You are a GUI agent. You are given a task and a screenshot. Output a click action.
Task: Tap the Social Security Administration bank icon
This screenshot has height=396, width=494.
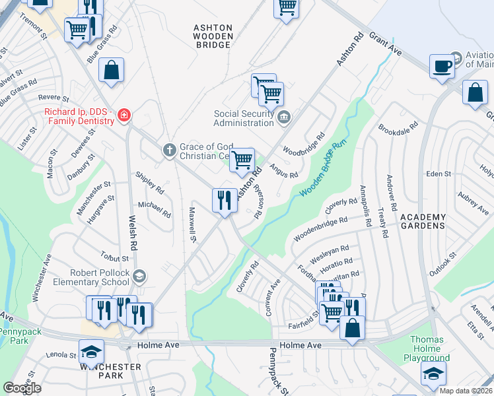284,118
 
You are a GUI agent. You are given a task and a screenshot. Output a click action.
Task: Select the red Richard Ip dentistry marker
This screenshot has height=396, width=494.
123,117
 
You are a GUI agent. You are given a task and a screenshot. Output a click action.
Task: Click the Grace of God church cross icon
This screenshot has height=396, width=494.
169,150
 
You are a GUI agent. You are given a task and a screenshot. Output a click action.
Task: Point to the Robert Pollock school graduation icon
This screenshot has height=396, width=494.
139,276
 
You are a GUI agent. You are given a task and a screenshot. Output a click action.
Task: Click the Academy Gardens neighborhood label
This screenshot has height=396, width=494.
423,221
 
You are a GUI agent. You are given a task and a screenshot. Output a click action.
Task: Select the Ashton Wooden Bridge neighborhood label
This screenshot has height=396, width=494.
213,36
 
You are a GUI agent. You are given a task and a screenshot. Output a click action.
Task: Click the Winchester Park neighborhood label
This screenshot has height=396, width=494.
110,371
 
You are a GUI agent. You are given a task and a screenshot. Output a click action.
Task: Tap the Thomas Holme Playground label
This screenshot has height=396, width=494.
427,349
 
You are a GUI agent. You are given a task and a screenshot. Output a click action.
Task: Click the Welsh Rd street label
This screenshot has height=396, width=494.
133,234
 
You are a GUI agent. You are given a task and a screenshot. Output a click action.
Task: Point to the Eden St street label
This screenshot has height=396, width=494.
439,174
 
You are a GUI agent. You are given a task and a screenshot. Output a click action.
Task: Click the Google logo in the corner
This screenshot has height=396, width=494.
22,388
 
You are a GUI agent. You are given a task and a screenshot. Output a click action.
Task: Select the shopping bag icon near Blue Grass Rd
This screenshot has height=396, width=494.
112,69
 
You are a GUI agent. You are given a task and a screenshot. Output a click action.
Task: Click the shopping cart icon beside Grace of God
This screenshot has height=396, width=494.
242,159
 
